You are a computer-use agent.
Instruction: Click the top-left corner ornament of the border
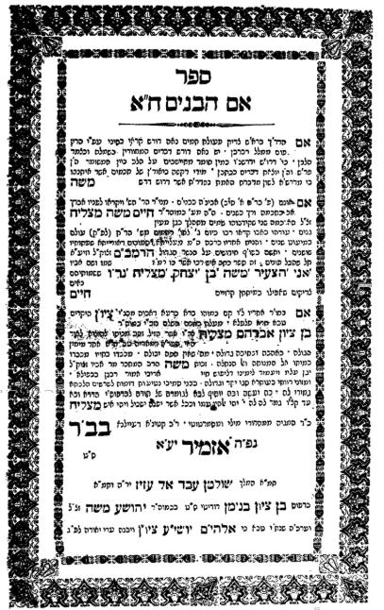pyautogui.click(x=21, y=21)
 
